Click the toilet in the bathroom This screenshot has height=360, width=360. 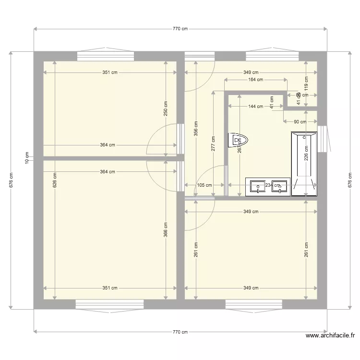click(239, 140)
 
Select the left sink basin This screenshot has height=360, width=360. click(258, 186)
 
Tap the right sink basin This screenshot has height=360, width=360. click(279, 186)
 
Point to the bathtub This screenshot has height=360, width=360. click(304, 164)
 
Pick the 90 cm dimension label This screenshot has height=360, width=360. click(300, 122)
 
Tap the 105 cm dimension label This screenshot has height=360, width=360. click(204, 185)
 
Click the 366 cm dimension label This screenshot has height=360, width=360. click(166, 229)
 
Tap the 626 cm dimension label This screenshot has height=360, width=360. click(55, 180)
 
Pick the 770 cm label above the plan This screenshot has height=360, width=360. click(180, 29)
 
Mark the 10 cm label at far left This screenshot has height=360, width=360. click(27, 158)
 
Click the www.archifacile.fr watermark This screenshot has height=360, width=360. click(330, 336)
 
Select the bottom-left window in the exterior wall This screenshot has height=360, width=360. click(109, 304)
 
